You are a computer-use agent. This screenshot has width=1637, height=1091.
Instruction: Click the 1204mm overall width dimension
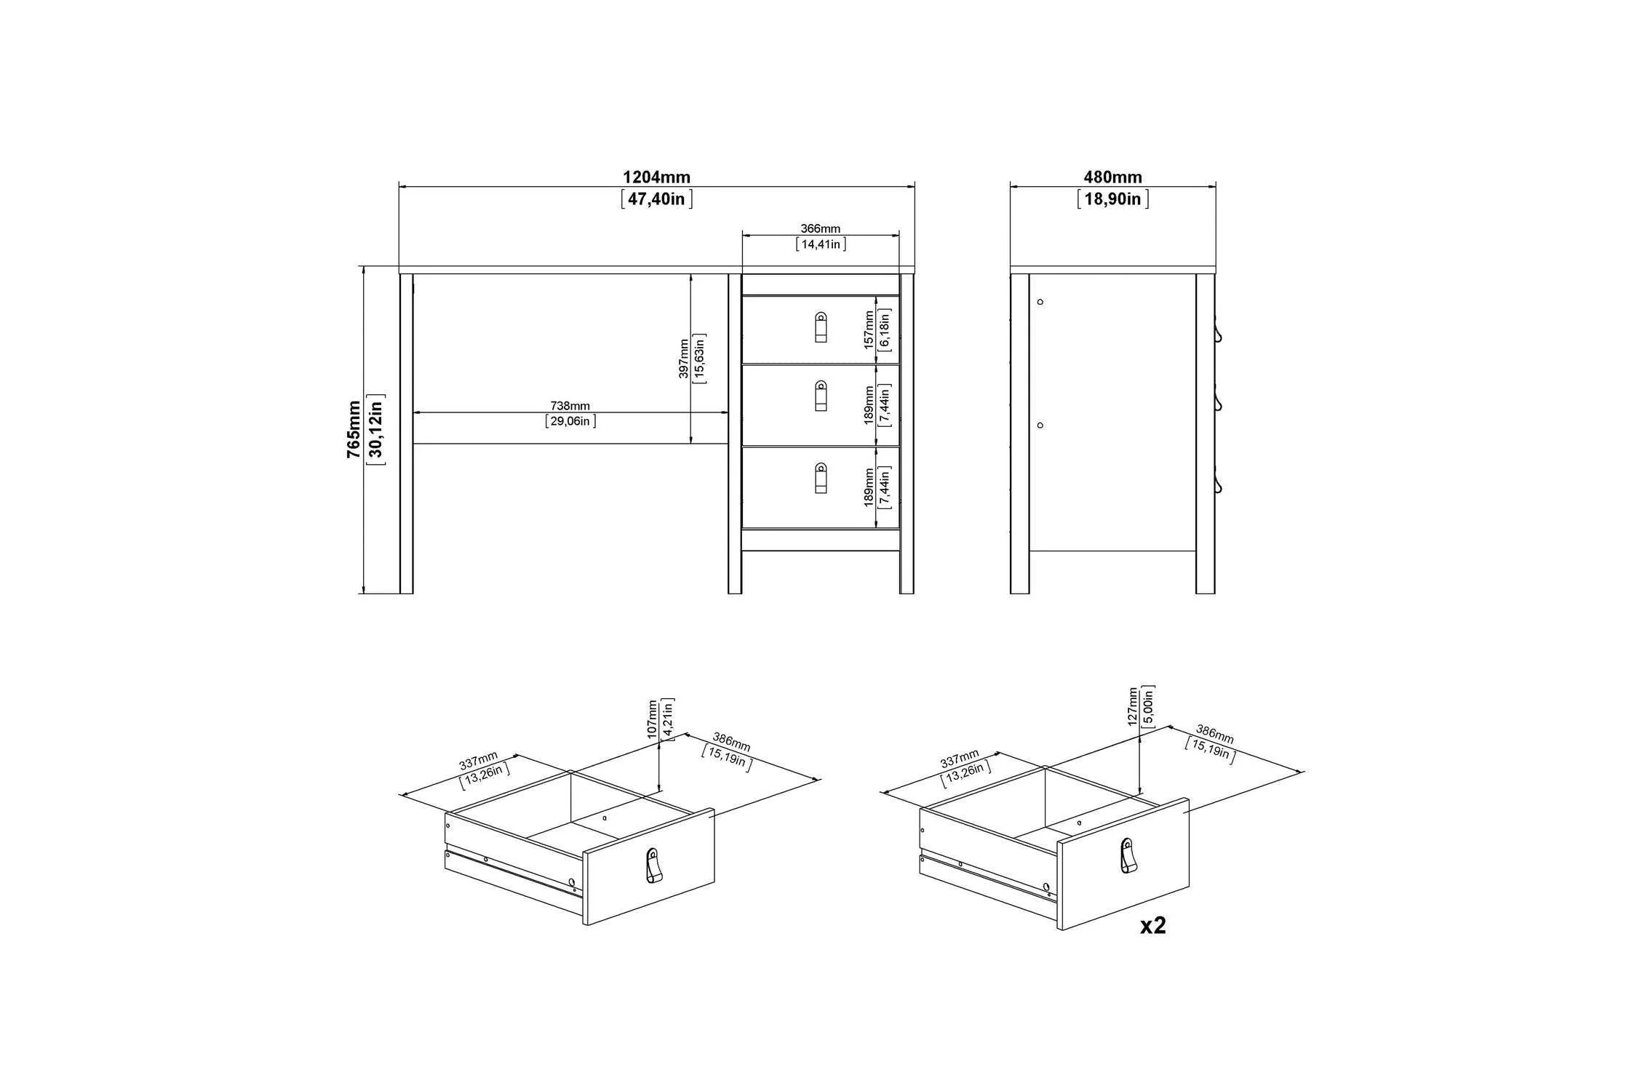(x=656, y=177)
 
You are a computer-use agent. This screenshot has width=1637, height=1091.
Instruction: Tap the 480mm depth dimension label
(x=1112, y=177)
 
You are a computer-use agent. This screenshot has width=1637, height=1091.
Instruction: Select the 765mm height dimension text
(x=354, y=429)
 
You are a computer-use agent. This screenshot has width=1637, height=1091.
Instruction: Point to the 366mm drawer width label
(x=821, y=229)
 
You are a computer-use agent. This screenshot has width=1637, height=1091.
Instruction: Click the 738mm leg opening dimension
(x=570, y=406)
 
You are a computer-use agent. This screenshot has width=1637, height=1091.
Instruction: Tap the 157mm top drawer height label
(x=869, y=330)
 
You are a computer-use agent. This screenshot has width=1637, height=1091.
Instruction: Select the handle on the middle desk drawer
(x=821, y=396)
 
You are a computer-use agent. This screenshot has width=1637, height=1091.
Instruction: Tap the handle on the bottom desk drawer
(x=821, y=478)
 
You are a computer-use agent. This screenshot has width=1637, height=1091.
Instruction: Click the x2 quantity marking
(x=1153, y=925)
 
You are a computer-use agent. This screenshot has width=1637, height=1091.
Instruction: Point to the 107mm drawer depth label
(x=652, y=720)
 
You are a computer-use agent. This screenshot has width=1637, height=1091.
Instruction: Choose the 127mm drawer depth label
(x=1132, y=706)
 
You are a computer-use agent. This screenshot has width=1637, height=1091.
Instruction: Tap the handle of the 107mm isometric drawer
(x=653, y=866)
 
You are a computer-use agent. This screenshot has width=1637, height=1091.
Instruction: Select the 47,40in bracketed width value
(x=656, y=199)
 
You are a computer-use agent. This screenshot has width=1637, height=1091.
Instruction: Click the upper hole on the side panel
(x=1040, y=301)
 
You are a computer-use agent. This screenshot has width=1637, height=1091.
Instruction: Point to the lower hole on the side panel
(x=1040, y=425)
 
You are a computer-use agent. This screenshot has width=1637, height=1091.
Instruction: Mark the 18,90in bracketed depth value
(x=1112, y=199)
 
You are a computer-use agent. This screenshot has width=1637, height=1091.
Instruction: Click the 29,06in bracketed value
(x=570, y=421)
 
